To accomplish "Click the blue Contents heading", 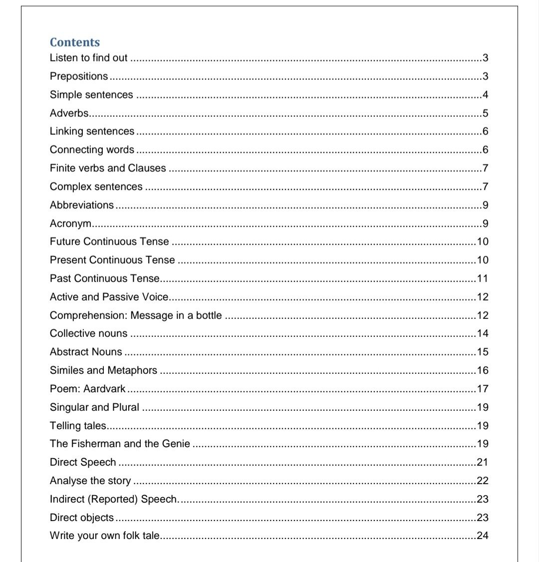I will [75, 42].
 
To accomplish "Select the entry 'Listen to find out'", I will [89, 58].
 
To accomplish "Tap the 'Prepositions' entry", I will [79, 76].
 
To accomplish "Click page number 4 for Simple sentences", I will [485, 95].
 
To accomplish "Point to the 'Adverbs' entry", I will [69, 113].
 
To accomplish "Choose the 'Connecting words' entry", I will [92, 150].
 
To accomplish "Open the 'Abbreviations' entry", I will [82, 205].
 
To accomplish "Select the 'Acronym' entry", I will [69, 224].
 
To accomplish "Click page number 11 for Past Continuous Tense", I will [483, 279].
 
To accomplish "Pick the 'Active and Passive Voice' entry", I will [109, 297].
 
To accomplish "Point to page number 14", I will [483, 333].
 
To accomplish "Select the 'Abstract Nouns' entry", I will [86, 352].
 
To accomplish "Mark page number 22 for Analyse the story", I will [483, 481].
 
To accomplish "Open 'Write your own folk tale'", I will [105, 536].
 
